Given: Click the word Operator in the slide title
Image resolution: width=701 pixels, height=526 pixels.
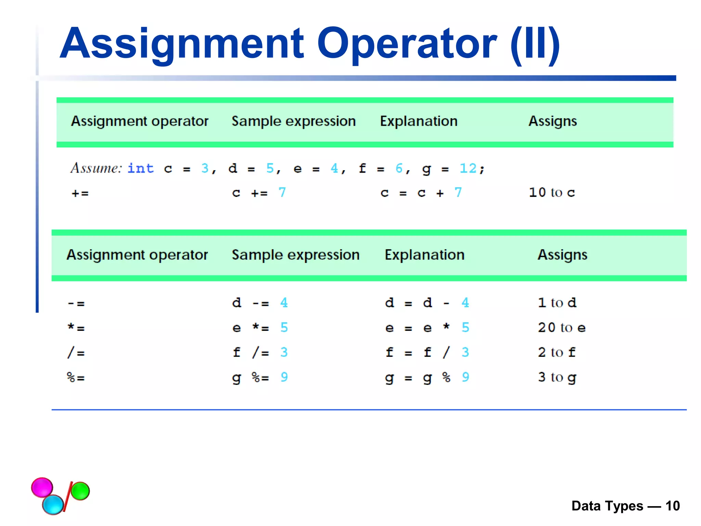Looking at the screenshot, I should pos(407,44).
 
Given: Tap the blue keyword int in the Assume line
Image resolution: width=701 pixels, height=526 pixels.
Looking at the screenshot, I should pos(141,168).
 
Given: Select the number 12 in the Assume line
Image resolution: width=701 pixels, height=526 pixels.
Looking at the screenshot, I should pos(468,168).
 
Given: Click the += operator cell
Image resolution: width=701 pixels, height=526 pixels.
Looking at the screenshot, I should pos(80,193).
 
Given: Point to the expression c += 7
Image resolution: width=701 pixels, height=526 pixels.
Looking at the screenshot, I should pos(259,192).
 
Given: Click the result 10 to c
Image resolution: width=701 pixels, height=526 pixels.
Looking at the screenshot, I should pos(552,192).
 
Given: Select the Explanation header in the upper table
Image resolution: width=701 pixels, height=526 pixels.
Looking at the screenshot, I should pos(419,121).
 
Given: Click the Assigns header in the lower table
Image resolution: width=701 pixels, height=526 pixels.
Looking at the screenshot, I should pos(562,255).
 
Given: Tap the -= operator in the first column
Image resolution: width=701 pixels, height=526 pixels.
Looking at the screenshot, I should pos(76,303).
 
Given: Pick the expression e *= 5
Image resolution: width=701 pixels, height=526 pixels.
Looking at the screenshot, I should pos(260,328).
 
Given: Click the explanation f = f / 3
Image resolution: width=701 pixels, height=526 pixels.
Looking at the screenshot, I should pos(427,352).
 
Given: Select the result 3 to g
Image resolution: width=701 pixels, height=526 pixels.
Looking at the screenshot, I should pos(557,377).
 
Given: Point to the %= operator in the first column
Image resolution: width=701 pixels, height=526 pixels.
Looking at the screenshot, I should pos(76,378).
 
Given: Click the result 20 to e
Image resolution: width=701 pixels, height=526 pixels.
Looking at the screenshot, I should pos(561,328).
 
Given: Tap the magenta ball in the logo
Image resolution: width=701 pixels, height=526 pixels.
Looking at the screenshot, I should pos(42,487).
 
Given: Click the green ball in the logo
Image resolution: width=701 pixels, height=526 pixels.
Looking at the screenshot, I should pos(80,491).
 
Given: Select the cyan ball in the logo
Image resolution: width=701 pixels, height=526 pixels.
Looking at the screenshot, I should pos(53,504).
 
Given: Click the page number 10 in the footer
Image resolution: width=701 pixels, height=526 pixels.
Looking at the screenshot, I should pos(672,506).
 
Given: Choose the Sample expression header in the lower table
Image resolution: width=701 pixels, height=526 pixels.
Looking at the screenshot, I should pos(296,255).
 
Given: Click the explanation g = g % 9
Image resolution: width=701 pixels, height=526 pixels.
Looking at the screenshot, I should pos(427,377).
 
